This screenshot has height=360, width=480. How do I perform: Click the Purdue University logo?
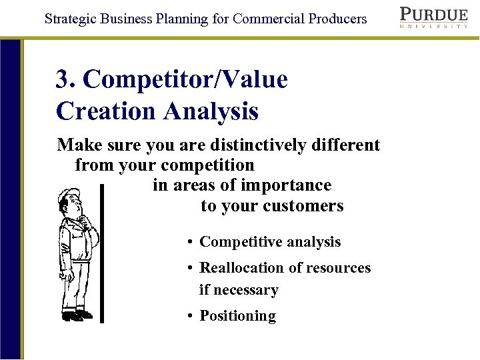pyautogui.click(x=433, y=17)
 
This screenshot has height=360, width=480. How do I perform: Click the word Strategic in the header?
pyautogui.click(x=70, y=19)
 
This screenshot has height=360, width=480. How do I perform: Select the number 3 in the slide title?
pyautogui.click(x=63, y=80)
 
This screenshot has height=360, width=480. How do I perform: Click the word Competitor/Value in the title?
pyautogui.click(x=185, y=80)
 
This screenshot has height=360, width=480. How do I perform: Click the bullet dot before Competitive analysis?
pyautogui.click(x=191, y=243)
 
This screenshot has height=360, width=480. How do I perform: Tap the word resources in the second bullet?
pyautogui.click(x=339, y=268)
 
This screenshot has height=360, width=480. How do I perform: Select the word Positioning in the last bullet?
pyautogui.click(x=237, y=316)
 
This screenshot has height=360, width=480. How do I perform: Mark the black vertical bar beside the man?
pyautogui.click(x=101, y=253)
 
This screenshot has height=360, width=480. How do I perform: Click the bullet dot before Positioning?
pyautogui.click(x=191, y=317)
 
